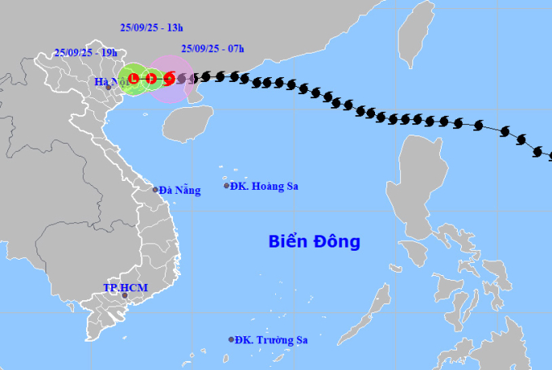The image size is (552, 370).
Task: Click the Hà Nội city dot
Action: click(108, 87)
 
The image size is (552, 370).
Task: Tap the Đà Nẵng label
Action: click(179, 190)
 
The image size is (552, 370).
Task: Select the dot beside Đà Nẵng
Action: click(156, 190)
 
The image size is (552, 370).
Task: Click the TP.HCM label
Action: click(123, 287)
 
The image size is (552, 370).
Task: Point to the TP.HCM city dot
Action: click(124, 295)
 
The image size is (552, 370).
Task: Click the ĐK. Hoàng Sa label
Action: click(265, 186)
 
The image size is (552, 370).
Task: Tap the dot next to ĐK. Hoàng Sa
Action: click(226, 186)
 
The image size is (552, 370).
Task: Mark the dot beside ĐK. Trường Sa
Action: click(231, 340)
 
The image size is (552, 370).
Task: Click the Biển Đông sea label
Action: click(314, 241)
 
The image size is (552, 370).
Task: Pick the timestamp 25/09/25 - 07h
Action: click(213, 48)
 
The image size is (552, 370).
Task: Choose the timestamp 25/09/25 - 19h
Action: click(85, 53)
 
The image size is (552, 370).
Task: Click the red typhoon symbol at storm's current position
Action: click(169, 79)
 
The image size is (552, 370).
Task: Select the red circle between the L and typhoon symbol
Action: click(151, 79)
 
